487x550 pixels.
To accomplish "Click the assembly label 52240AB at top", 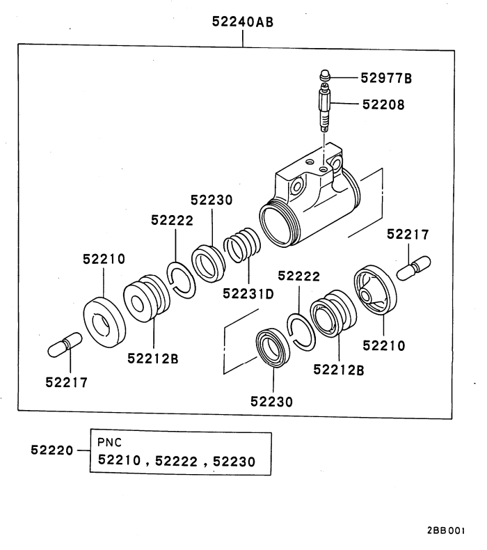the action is click(x=243, y=22).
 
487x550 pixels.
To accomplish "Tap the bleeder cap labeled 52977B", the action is click(x=326, y=76).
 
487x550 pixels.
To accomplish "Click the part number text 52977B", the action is click(x=386, y=78).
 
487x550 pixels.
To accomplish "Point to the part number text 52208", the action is click(x=383, y=104).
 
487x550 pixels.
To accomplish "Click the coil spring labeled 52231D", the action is click(x=242, y=244).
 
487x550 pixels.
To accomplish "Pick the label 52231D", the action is click(x=248, y=294).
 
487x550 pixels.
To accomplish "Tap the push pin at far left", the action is click(x=65, y=345).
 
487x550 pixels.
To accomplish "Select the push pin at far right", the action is click(x=414, y=268).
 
